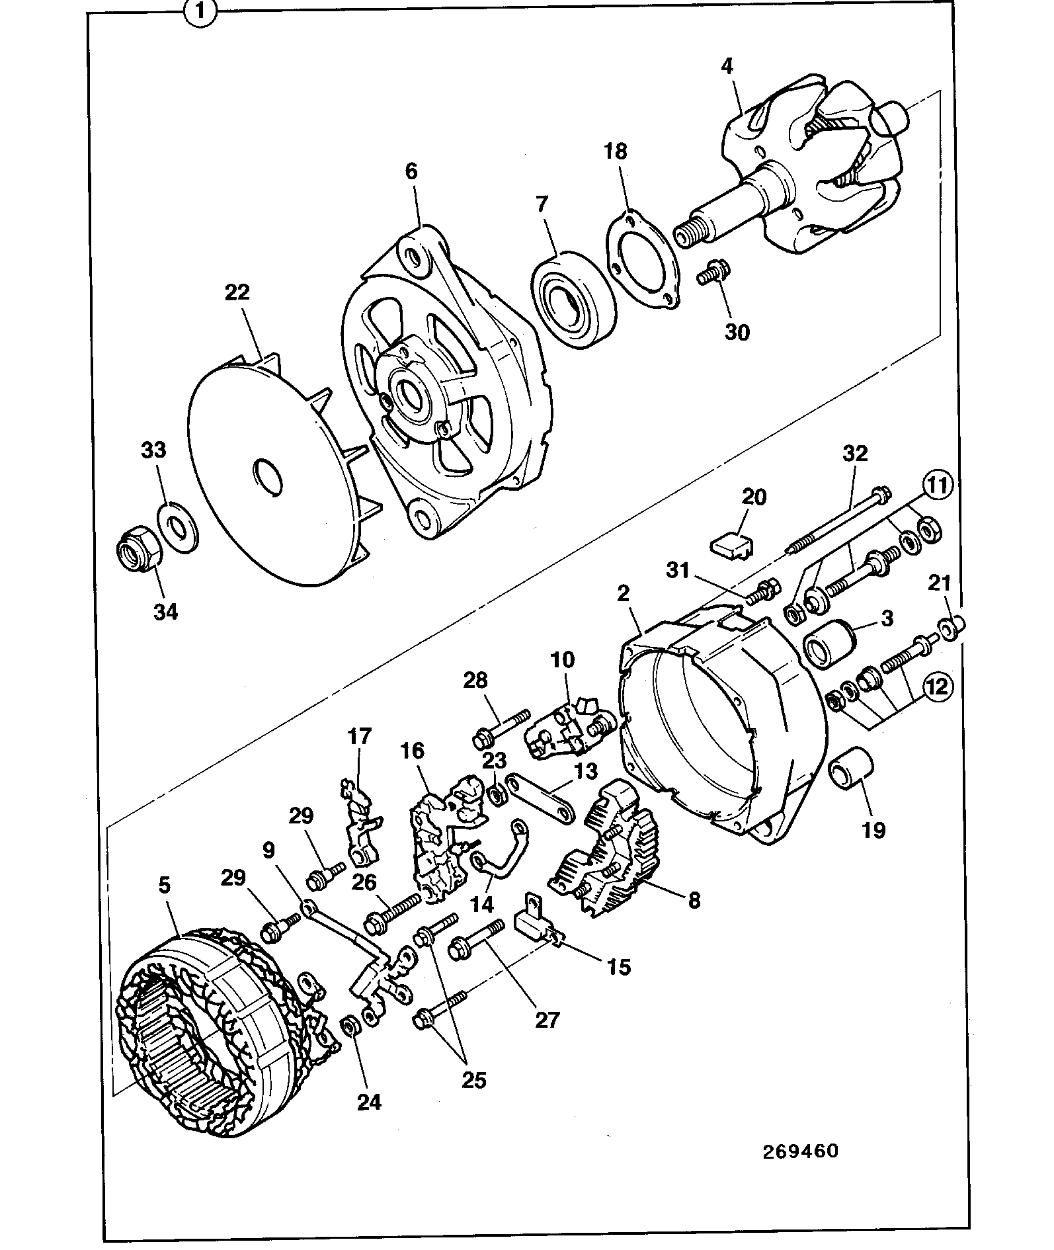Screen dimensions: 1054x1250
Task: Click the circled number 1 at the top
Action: click(x=201, y=14)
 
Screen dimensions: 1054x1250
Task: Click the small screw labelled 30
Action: click(x=713, y=271)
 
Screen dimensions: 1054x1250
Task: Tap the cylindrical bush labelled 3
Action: click(x=829, y=642)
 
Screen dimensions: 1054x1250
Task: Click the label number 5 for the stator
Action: click(x=165, y=885)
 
